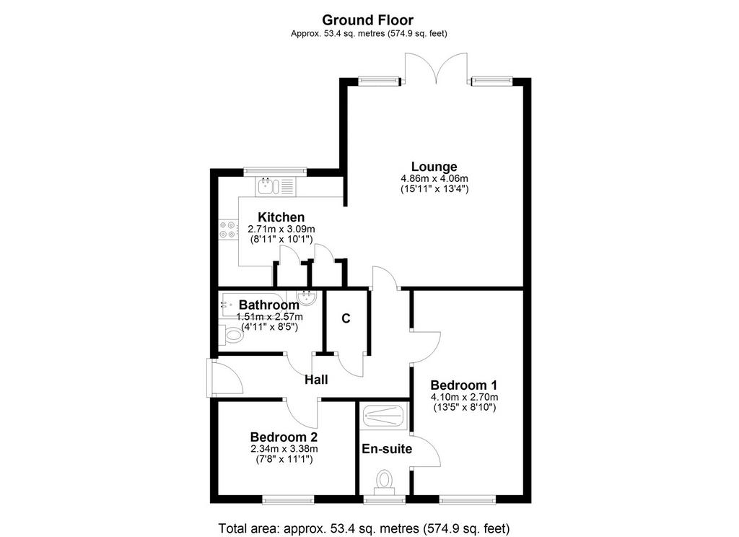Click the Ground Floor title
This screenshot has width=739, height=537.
coord(367,20)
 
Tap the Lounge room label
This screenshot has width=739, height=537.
coord(434,167)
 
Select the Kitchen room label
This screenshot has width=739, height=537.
coord(281,217)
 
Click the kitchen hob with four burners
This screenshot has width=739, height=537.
coord(228,230)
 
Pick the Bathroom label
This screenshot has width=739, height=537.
coord(268,305)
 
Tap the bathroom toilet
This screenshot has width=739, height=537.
coord(230,336)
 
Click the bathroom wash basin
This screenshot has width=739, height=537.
coord(307,297)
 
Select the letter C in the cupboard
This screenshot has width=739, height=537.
coord(346,319)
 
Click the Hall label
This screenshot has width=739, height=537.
coord(316,380)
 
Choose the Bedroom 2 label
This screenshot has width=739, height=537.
coord(284,437)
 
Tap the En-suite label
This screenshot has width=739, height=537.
coord(387,450)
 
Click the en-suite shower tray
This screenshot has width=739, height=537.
coord(384,415)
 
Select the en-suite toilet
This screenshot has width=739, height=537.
coord(385,481)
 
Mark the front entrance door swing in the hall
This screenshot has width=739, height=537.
coord(227,378)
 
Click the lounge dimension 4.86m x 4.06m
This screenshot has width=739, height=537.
coord(434,179)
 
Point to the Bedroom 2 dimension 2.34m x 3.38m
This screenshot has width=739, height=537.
coord(284,449)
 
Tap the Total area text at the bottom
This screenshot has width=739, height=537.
coord(364,528)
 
